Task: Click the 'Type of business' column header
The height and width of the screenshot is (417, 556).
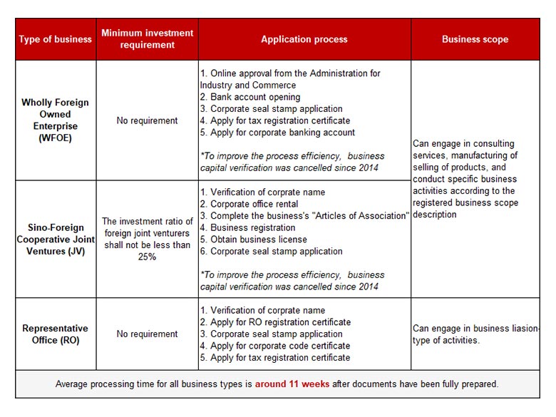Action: [x=55, y=39]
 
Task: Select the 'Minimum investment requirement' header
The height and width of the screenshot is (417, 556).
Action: [x=148, y=39]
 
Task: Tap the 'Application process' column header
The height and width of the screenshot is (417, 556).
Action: [x=304, y=39]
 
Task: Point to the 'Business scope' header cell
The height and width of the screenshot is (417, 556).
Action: [x=475, y=39]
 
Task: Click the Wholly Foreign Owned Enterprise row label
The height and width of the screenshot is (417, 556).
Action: [x=55, y=120]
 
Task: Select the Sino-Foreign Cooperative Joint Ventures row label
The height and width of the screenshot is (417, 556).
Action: [x=55, y=240]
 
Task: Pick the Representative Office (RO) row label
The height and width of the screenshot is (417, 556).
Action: [x=55, y=334]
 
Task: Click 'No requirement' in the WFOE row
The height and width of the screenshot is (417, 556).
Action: [x=148, y=120]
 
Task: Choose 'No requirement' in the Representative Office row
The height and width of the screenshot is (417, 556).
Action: [x=148, y=334]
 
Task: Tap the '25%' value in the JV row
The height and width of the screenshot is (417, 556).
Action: [x=148, y=257]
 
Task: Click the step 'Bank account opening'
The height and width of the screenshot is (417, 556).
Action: [x=255, y=97]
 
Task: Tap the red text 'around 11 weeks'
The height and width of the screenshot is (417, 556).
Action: [x=292, y=383]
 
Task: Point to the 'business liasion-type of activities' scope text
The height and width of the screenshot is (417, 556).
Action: [x=473, y=334]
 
